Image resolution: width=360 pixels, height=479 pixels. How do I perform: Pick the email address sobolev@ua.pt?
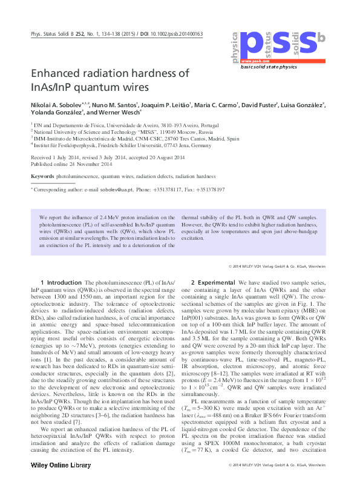132,190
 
